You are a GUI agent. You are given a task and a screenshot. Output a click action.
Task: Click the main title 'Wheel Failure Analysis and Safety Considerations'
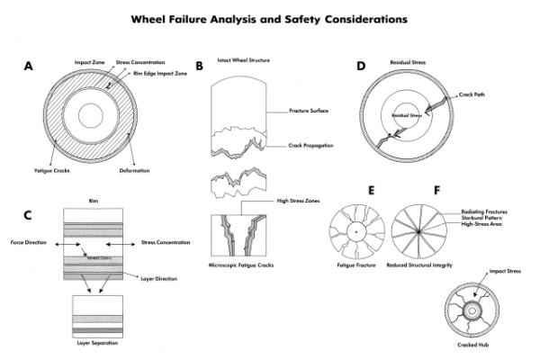pyautogui.click(x=269, y=17)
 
